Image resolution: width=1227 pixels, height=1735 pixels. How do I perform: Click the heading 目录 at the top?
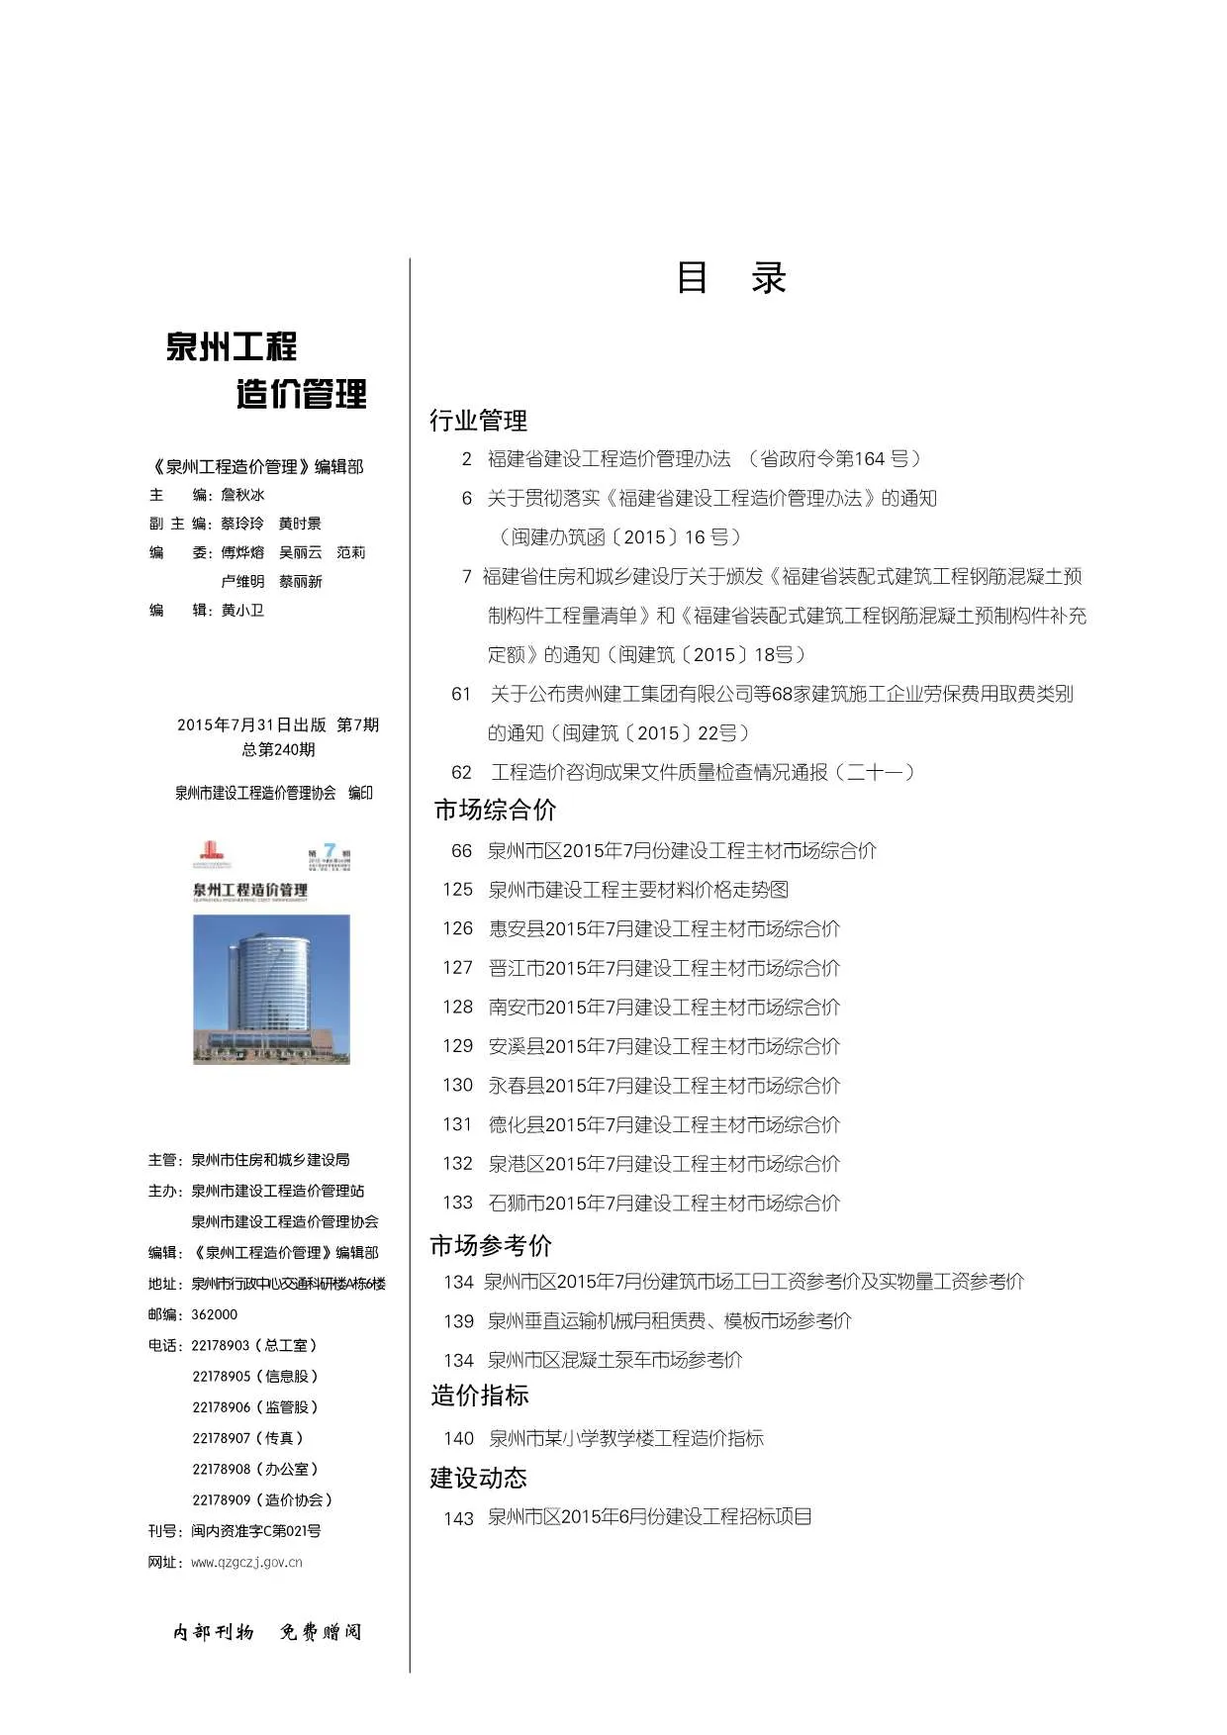[730, 278]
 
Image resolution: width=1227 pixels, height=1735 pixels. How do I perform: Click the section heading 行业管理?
[478, 421]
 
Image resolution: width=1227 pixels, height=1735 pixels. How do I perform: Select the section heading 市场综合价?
[495, 811]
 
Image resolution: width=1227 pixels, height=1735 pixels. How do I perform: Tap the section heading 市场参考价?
[491, 1245]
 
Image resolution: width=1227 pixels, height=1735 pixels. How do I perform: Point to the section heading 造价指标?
[480, 1396]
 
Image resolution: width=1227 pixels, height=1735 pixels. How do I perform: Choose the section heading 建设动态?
[478, 1478]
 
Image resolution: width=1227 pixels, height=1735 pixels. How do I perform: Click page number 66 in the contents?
[461, 850]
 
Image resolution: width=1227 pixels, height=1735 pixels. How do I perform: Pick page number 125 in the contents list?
[457, 890]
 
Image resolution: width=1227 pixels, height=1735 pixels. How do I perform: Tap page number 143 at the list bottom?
[458, 1518]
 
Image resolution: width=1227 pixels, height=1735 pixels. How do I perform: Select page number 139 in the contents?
[458, 1321]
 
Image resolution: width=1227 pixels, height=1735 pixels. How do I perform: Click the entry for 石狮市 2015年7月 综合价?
[664, 1204]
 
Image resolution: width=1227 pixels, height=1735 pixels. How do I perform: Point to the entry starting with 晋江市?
[664, 968]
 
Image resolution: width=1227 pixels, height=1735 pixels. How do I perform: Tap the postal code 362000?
[214, 1314]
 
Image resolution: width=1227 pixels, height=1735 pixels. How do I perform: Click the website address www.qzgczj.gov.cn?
[246, 1563]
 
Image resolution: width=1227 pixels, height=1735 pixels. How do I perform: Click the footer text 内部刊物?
[214, 1632]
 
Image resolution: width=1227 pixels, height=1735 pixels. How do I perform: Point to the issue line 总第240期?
[278, 750]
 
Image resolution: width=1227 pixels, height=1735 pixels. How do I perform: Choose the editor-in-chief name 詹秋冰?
[242, 495]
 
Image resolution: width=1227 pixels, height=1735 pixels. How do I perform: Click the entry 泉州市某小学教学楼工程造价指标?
[625, 1438]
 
